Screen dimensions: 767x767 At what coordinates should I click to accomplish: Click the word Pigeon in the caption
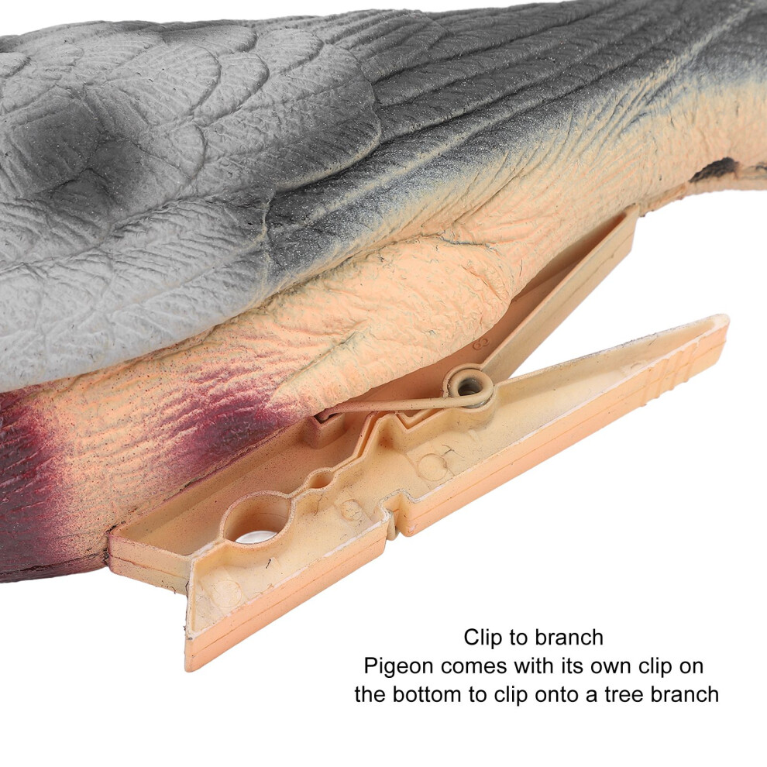point(392,667)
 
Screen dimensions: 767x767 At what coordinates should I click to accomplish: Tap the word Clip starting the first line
point(483,638)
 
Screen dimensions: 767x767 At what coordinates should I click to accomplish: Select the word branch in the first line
point(569,638)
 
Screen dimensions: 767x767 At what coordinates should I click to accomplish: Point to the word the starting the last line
point(371,695)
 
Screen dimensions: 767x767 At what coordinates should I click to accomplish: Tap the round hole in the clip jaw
point(256,521)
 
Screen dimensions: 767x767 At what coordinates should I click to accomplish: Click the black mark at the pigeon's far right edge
point(715,170)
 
